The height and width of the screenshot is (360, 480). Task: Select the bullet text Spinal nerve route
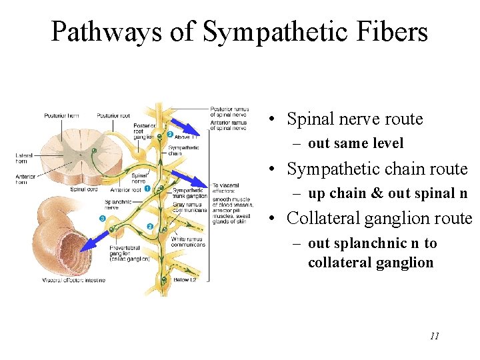point(354,119)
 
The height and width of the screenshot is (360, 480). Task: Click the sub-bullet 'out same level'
point(355,143)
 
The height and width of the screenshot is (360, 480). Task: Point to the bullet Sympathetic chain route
point(377,169)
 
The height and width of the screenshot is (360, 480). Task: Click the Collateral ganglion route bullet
point(379,218)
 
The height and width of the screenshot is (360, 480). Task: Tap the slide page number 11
point(434,336)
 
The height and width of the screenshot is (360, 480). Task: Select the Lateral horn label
point(24,158)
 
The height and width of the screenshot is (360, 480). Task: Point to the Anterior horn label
point(25,179)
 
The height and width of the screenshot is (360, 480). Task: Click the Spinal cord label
point(83,189)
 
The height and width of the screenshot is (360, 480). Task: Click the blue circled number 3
point(102,219)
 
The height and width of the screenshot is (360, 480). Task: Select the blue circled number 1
point(148,189)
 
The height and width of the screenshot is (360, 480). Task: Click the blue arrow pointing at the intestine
point(93,239)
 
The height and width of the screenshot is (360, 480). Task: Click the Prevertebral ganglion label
point(129,252)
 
